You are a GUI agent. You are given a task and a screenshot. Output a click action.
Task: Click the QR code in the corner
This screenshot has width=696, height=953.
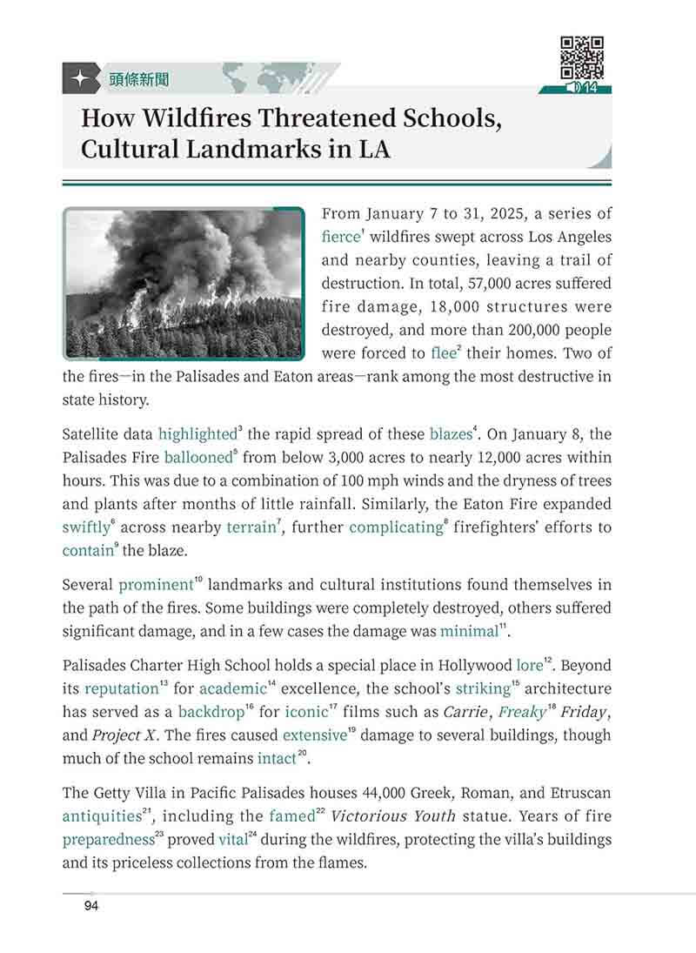(582, 57)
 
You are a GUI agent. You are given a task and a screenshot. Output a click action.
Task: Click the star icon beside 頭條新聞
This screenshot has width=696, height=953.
(79, 79)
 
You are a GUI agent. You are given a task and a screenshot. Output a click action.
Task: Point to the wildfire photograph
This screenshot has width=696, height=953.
(184, 283)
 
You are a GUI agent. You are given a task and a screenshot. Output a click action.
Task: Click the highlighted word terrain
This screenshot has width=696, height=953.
(251, 527)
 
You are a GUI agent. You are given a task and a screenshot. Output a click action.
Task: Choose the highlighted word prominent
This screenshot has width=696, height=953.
(155, 584)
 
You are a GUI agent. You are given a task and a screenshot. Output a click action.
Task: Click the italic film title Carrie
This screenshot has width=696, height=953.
(465, 712)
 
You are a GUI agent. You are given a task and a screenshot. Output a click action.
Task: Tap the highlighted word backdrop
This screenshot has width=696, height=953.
(211, 712)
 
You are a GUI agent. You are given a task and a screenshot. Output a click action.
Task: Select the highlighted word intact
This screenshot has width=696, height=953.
(277, 759)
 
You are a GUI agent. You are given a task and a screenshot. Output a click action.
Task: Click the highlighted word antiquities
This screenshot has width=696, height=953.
(101, 816)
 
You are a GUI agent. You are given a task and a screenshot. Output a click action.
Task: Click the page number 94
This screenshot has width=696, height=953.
(90, 907)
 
